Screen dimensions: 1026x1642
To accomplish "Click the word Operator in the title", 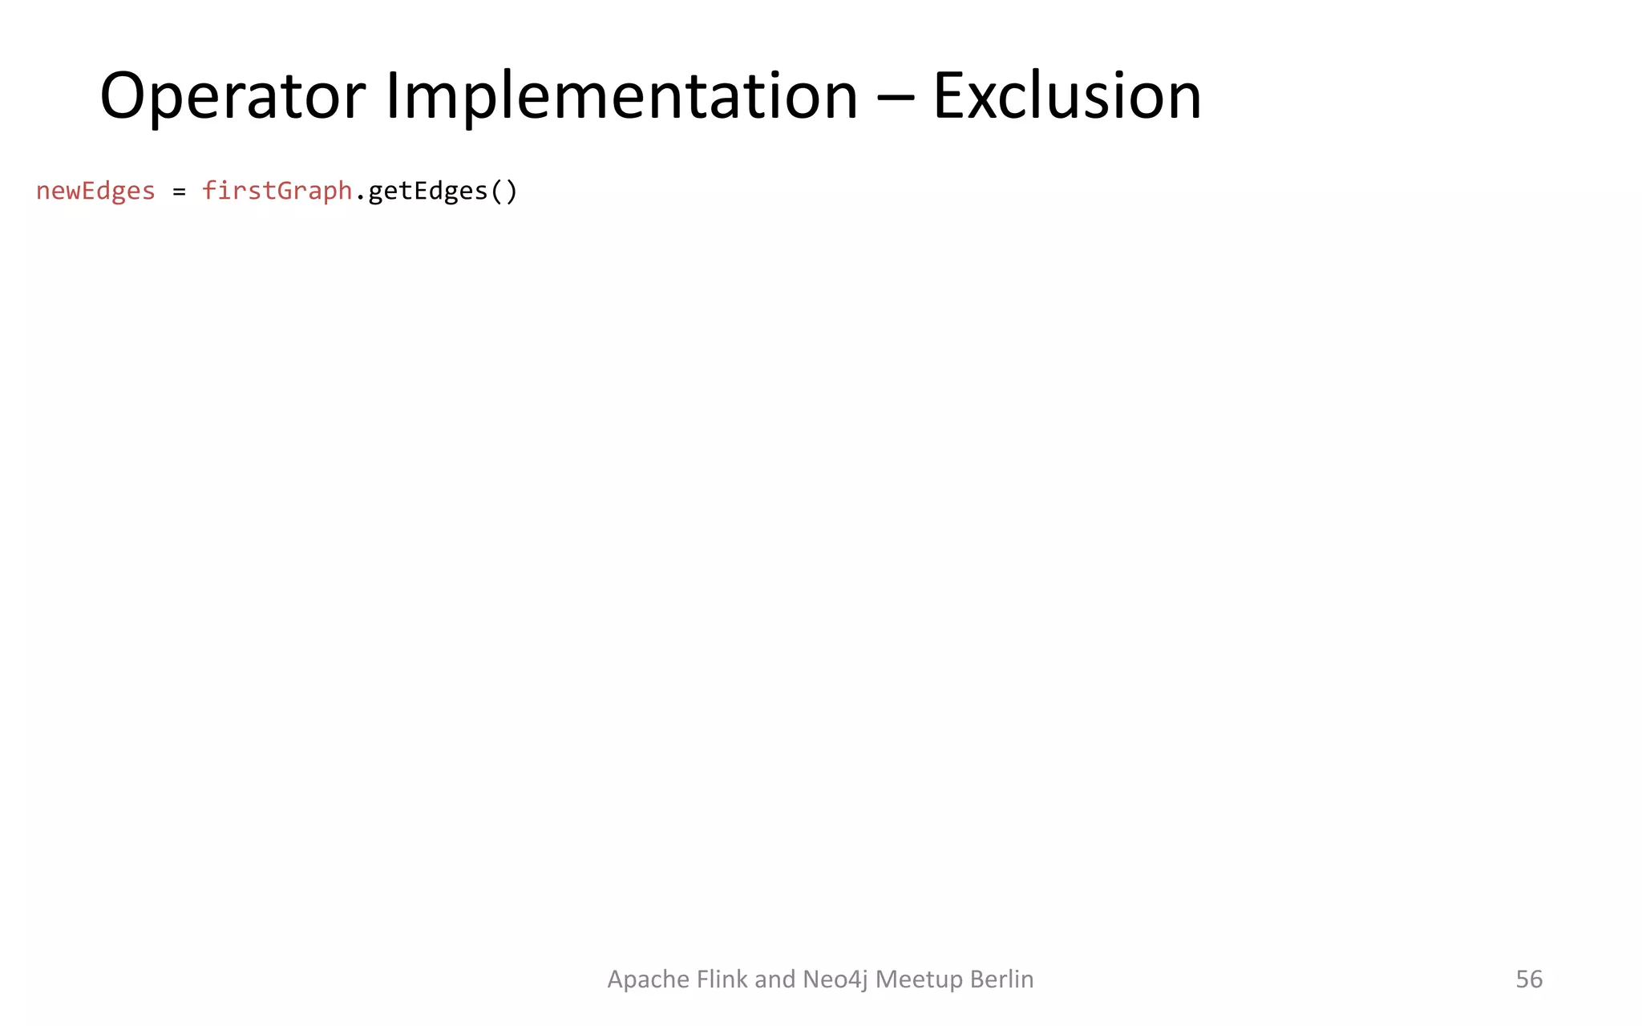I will (x=233, y=97).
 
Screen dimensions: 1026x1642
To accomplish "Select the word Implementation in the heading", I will (x=621, y=97).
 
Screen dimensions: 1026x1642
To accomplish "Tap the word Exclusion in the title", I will (x=1066, y=97).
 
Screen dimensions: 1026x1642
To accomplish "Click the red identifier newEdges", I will (x=95, y=191).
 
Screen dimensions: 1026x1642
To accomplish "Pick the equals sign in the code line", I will (x=179, y=192).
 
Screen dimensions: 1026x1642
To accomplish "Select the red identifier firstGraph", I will (x=277, y=191).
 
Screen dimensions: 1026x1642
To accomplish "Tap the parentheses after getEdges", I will (x=504, y=192).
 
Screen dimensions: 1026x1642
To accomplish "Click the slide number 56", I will (x=1529, y=979).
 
